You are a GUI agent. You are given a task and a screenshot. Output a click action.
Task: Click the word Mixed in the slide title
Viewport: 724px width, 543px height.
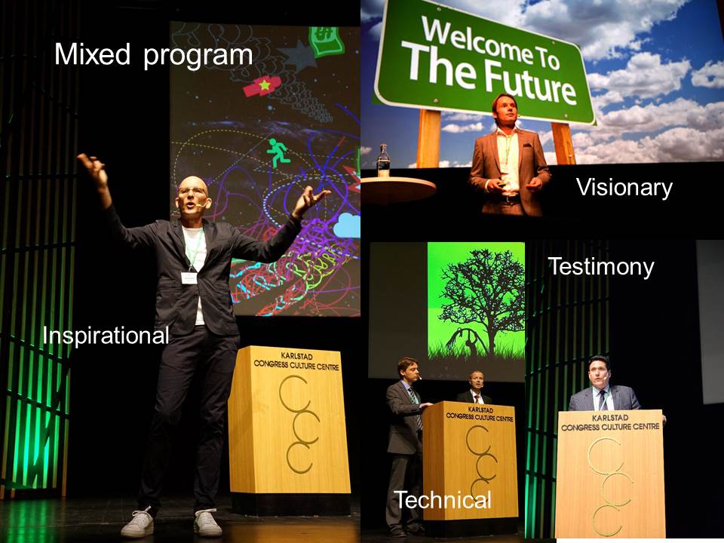point(92,54)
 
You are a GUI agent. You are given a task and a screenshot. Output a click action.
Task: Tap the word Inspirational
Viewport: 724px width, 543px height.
point(106,335)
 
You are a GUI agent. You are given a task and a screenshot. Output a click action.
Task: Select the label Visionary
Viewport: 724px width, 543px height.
point(624,189)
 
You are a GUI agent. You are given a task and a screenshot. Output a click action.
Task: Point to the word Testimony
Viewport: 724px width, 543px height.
point(601,268)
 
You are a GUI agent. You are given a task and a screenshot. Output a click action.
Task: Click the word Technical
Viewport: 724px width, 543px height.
point(443,500)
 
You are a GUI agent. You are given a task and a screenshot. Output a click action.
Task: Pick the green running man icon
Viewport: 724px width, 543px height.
point(278,153)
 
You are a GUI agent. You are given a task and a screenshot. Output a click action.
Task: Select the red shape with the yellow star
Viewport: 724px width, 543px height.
point(262,86)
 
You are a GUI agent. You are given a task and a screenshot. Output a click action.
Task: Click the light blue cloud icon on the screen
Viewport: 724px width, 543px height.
point(347,225)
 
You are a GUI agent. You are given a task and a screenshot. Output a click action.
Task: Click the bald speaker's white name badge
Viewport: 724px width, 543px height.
point(189,278)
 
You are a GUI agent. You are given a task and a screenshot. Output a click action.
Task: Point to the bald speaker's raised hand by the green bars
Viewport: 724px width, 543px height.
point(94,168)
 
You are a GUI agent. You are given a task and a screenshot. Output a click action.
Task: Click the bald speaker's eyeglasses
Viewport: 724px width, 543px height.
point(192,191)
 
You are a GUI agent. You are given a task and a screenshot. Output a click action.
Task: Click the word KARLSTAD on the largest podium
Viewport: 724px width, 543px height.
point(296,356)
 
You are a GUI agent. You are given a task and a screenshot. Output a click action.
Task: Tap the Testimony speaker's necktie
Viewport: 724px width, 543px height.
point(602,400)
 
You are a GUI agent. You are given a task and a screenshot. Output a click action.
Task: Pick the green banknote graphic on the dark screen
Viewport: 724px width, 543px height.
point(327,41)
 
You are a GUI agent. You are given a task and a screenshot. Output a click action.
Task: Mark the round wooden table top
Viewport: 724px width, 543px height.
point(398,188)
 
